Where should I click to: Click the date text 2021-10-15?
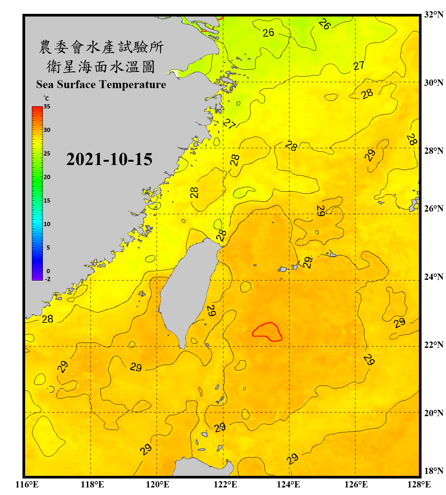click(x=109, y=159)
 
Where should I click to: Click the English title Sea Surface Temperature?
click(x=101, y=84)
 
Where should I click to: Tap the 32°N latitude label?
click(x=433, y=15)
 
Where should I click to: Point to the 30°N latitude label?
click(x=433, y=82)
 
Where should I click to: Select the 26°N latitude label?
click(x=433, y=209)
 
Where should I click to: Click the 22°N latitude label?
click(x=433, y=345)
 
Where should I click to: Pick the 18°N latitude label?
click(x=433, y=471)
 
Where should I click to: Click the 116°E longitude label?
click(x=27, y=484)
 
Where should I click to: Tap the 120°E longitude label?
click(x=158, y=484)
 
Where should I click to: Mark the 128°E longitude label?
click(x=419, y=484)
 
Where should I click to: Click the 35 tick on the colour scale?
click(x=47, y=107)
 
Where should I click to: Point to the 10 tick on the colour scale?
click(x=47, y=224)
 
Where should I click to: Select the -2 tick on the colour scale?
click(x=48, y=279)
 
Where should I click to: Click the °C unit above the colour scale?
click(x=46, y=98)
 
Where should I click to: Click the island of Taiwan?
click(x=188, y=290)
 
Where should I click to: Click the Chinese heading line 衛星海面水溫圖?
click(x=101, y=67)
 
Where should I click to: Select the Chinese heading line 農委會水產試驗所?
click(x=101, y=47)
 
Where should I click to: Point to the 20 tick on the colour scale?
click(x=47, y=177)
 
